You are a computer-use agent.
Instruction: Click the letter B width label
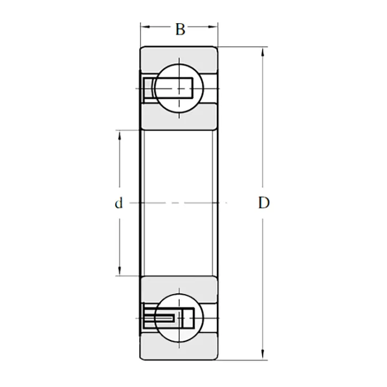click(x=180, y=29)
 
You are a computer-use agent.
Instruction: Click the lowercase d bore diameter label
click(x=118, y=203)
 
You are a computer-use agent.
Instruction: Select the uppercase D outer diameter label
click(x=264, y=203)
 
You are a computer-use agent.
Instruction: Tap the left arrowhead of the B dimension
click(x=143, y=26)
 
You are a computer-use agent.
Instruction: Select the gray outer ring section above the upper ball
click(x=179, y=59)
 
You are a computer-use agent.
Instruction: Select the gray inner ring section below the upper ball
click(x=179, y=118)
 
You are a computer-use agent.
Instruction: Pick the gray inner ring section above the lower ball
click(x=179, y=287)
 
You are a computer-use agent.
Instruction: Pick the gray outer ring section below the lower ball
click(x=179, y=348)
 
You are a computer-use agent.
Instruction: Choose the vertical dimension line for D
click(x=262, y=138)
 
